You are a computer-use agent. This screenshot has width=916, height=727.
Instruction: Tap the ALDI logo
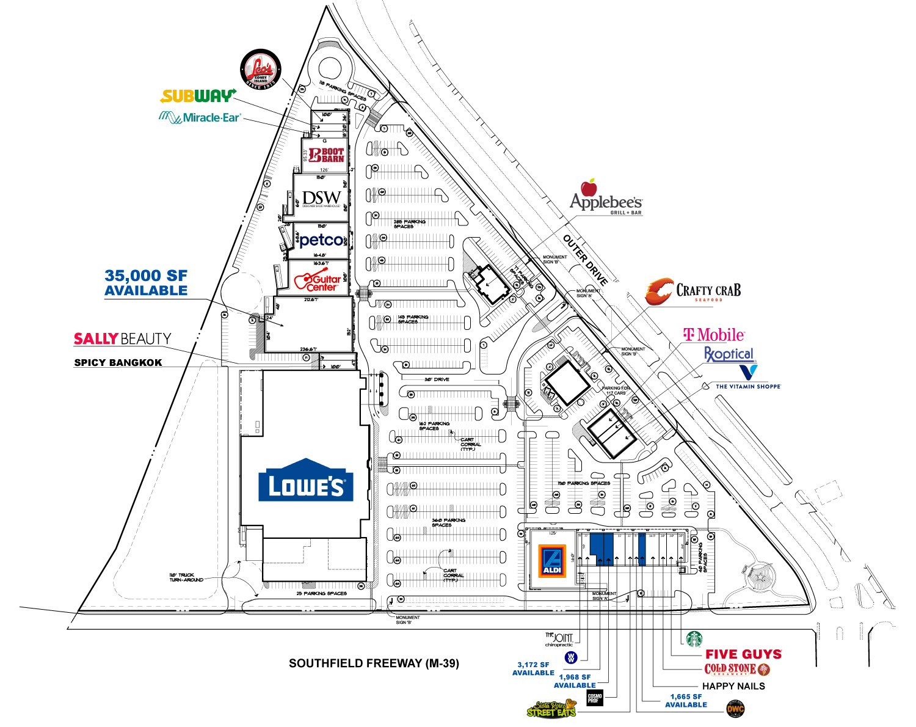[x=551, y=563]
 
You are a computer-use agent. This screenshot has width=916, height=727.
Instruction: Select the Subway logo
[x=198, y=96]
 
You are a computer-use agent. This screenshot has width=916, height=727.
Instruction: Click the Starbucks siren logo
[x=694, y=639]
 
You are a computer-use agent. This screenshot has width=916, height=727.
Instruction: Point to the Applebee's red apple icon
[x=589, y=188]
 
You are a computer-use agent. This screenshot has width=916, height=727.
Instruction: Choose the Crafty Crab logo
[x=693, y=291]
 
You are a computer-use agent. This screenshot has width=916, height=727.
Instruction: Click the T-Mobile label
[x=713, y=335]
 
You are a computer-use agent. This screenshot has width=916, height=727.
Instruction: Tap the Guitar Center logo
[x=318, y=280]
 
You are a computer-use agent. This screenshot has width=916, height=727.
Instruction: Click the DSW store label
[x=321, y=198]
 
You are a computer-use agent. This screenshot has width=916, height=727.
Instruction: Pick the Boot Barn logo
[x=327, y=155]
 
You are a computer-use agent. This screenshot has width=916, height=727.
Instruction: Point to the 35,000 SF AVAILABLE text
[x=146, y=283]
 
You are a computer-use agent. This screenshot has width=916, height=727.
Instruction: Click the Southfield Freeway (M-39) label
[x=374, y=663]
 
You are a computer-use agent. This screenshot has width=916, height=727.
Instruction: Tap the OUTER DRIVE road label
[x=585, y=260]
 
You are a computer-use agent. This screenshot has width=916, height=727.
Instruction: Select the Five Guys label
[x=743, y=654]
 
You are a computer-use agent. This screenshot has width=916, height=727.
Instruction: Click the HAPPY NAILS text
[x=733, y=686]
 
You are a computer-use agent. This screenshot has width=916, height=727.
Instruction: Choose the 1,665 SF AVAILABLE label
[x=686, y=701]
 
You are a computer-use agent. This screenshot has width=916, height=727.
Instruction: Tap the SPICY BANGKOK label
[x=118, y=362]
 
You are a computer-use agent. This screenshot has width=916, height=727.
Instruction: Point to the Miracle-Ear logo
[x=200, y=117]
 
